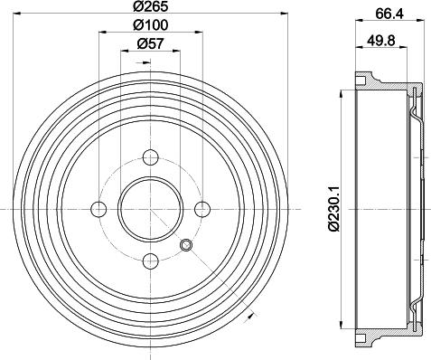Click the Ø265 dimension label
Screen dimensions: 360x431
(150, 9)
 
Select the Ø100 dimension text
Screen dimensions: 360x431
(150, 27)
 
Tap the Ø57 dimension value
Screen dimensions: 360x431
(150, 43)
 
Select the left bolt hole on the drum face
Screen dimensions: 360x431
(98, 210)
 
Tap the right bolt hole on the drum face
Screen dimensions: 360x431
(201, 210)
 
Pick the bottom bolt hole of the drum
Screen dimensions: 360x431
(150, 261)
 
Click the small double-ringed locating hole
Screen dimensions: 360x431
(186, 246)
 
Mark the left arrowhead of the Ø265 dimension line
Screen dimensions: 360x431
(20, 17)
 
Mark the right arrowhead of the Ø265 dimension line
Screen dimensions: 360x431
(282, 17)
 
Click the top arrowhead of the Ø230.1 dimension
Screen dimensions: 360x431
(341, 91)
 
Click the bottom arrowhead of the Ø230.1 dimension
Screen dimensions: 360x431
(341, 327)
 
